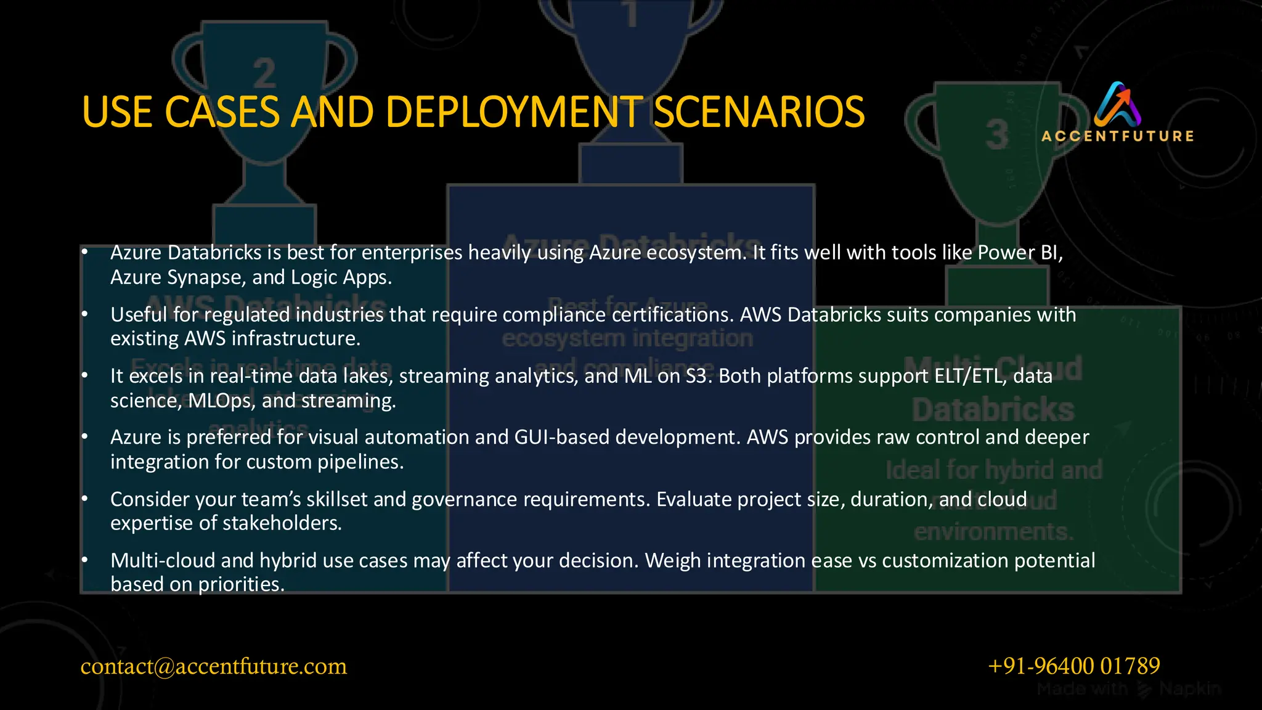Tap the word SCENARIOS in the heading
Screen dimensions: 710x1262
pos(759,112)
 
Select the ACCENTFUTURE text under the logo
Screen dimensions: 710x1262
pos(1117,136)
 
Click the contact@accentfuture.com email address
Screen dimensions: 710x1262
pos(213,666)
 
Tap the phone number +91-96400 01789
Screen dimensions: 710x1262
pos(1073,666)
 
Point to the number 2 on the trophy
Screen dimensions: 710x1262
pos(264,74)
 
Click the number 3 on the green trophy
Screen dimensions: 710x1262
pos(997,135)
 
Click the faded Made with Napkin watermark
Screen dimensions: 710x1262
pos(1128,688)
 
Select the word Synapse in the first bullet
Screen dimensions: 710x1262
pos(206,277)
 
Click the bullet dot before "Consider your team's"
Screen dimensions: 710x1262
pos(85,499)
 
